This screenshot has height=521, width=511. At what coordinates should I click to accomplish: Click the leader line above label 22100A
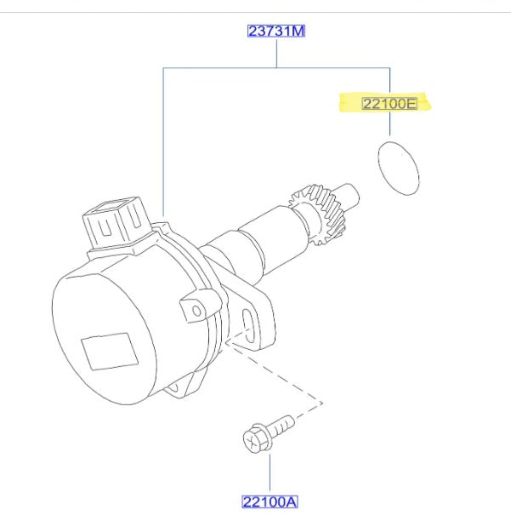tap(270, 472)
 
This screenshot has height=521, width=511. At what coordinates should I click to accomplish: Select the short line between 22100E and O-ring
tap(390, 127)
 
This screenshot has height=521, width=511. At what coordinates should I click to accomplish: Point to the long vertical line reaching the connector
tap(162, 140)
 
